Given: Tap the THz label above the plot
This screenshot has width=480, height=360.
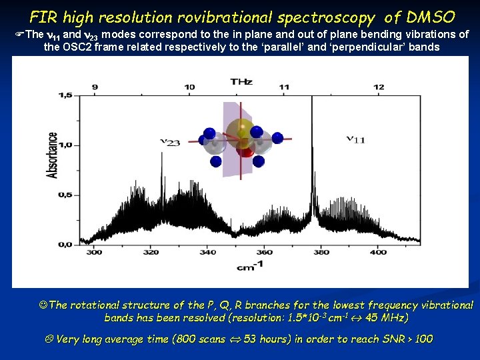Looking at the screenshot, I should tap(241, 81).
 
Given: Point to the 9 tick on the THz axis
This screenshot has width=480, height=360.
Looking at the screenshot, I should tap(95, 87).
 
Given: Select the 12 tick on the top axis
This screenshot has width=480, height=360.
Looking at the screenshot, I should tap(379, 87).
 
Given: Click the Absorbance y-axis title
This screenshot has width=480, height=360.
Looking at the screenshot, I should tap(52, 155).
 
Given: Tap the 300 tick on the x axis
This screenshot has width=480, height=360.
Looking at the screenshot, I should tap(94, 252).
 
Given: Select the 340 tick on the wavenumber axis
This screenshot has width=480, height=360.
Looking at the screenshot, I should tap(207, 252).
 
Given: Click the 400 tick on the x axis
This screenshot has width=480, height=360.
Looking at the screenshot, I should tap(378, 252).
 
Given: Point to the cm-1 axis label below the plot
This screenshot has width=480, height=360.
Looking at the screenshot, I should tap(245, 267).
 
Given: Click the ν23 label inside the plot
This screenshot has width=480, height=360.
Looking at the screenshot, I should tap(170, 141).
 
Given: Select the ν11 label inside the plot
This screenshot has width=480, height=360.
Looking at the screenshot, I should tap(355, 139).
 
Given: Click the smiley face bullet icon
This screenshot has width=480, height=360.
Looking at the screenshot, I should tap(44, 305).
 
